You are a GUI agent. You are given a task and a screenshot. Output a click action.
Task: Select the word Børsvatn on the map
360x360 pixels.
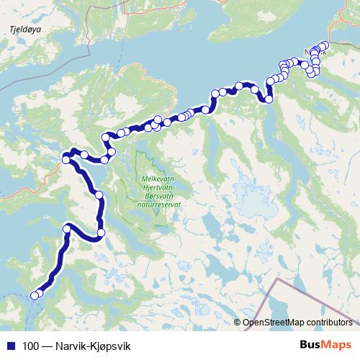tap(160, 197)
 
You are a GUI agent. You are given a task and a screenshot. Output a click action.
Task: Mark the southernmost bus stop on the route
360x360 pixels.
tap(34, 294)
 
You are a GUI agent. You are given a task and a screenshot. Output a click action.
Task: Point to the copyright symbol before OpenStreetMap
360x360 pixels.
tap(238, 323)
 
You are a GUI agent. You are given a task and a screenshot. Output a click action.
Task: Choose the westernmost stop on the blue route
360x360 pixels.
tap(34, 294)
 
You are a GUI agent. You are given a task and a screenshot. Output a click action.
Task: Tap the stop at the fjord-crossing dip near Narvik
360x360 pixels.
tap(269, 99)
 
